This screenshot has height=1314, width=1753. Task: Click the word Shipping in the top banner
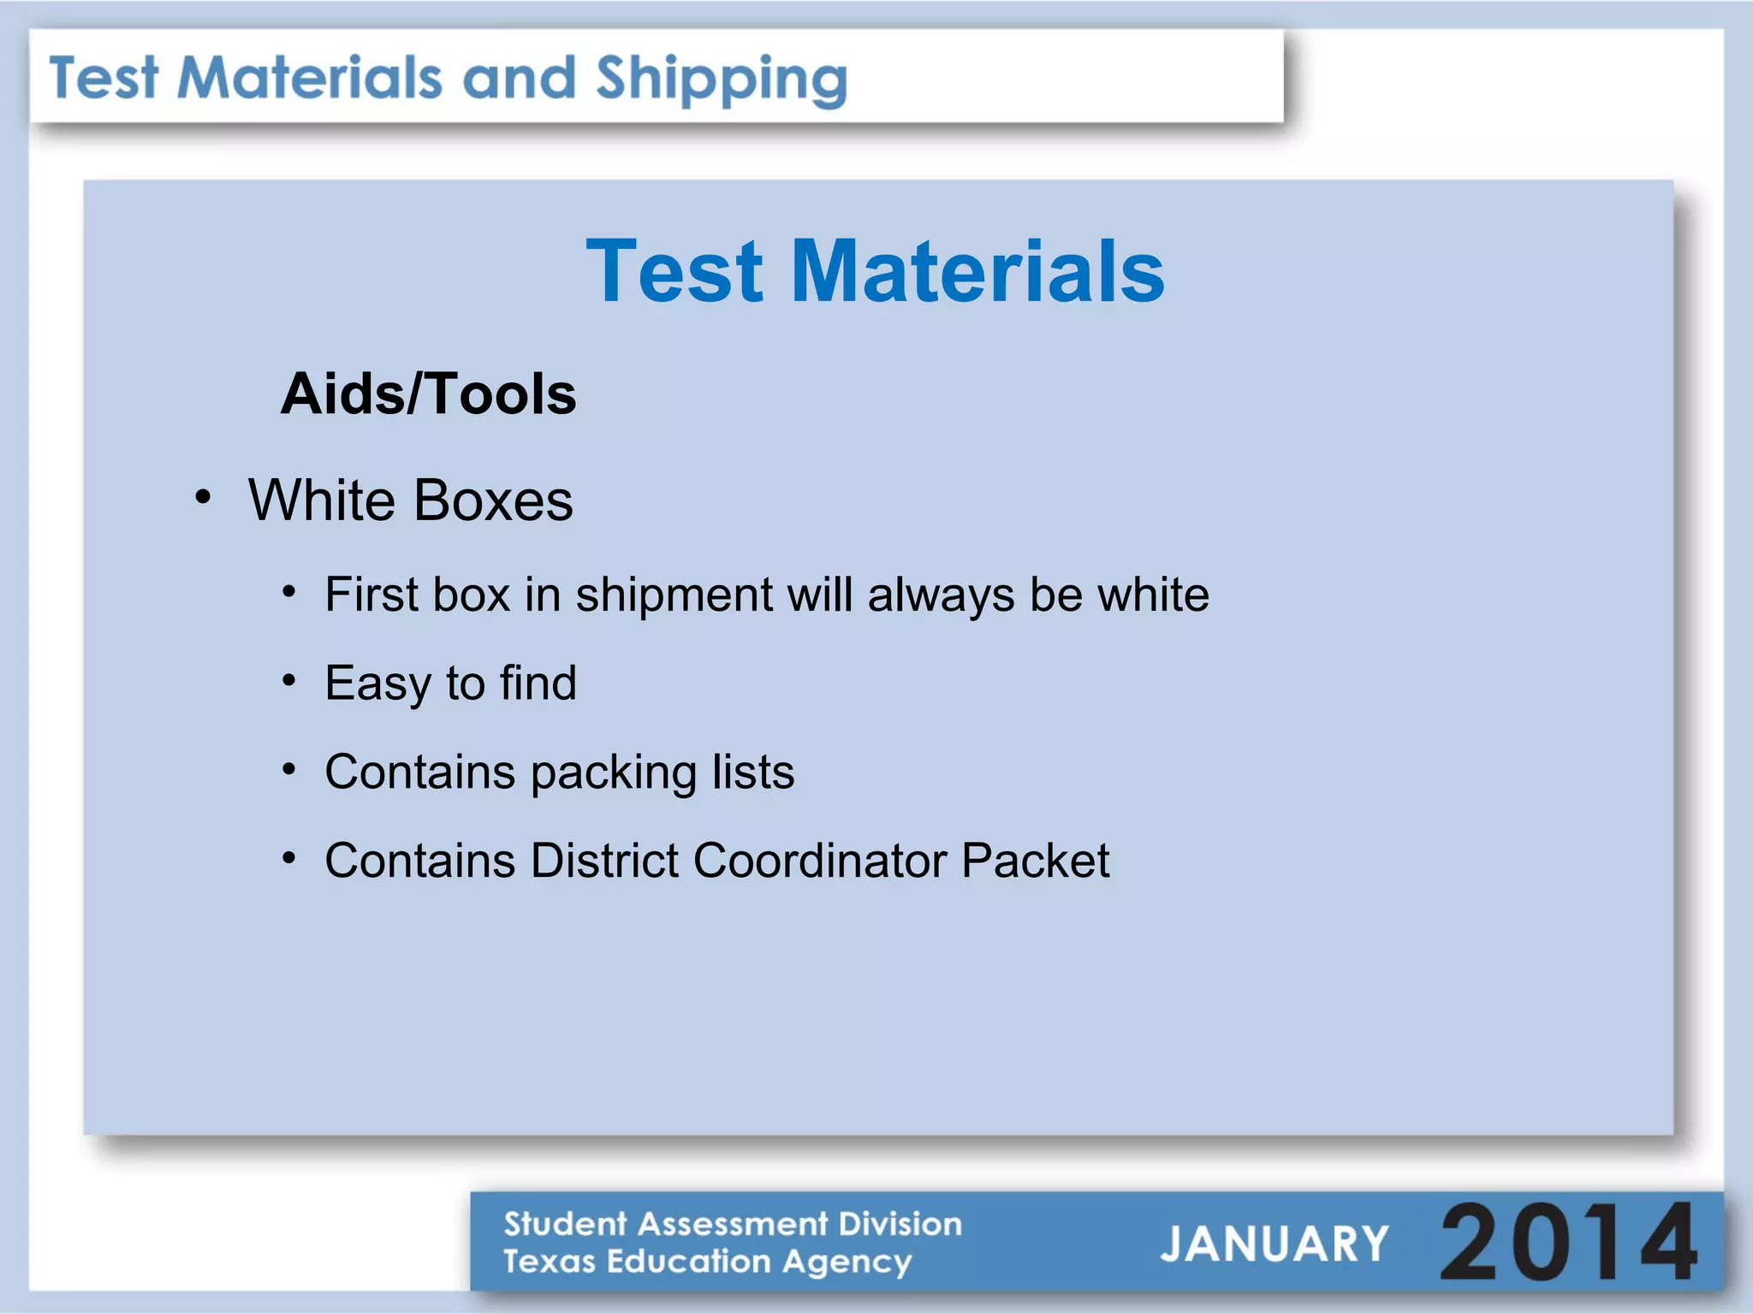tap(721, 80)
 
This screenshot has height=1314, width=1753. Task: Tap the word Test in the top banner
tap(104, 78)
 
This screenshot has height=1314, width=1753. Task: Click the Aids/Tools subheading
tap(428, 394)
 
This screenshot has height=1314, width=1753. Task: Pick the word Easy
tap(377, 684)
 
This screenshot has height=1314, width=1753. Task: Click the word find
tap(538, 683)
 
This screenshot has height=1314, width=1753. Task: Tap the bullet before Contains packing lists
tap(289, 770)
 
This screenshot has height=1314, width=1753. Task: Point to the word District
tap(604, 861)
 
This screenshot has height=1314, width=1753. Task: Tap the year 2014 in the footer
tap(1568, 1242)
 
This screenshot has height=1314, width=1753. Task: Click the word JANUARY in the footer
tap(1274, 1244)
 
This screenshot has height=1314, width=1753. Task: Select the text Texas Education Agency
tap(707, 1262)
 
